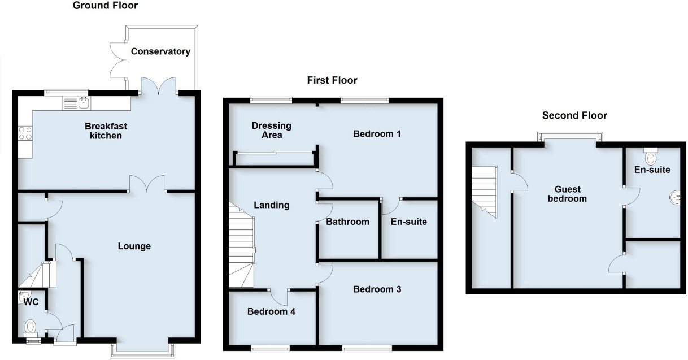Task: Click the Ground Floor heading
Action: pyautogui.click(x=105, y=6)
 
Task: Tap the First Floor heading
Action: pyautogui.click(x=332, y=80)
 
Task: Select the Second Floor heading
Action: pyautogui.click(x=574, y=115)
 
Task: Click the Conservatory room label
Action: pyautogui.click(x=160, y=51)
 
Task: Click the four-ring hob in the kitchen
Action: pyautogui.click(x=25, y=133)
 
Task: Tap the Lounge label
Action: pyautogui.click(x=134, y=246)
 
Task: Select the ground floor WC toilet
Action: pyautogui.click(x=30, y=327)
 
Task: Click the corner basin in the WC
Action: pyautogui.click(x=24, y=295)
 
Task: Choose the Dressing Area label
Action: pyautogui.click(x=272, y=130)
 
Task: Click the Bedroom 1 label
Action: pyautogui.click(x=377, y=134)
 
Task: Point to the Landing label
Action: pyautogui.click(x=272, y=205)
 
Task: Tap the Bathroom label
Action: pyautogui.click(x=347, y=222)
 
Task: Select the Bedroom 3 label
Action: pyautogui.click(x=377, y=289)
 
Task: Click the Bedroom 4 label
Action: pyautogui.click(x=272, y=311)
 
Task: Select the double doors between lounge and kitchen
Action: pyautogui.click(x=147, y=185)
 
